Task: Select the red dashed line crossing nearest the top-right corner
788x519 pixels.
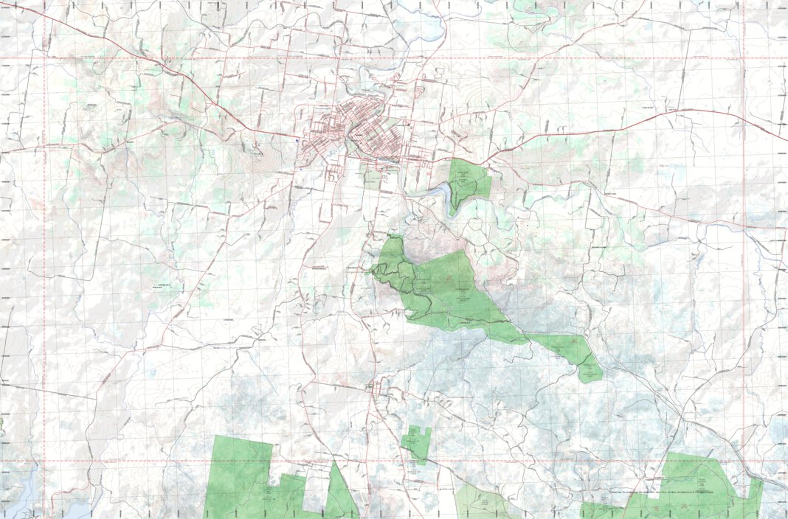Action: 744,58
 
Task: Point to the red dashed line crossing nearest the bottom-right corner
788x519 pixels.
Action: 744,461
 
